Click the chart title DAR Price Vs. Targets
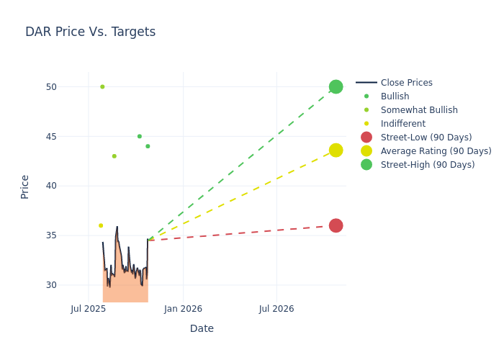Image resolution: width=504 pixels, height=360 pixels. [90, 32]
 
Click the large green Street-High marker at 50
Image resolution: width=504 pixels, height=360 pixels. [336, 86]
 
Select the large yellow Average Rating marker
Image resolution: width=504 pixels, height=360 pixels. [336, 150]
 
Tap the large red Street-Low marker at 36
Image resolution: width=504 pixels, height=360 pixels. [336, 225]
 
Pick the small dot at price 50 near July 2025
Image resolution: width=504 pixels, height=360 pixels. [102, 86]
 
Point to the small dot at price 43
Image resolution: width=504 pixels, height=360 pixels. [114, 156]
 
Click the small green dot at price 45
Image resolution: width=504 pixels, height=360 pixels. [140, 136]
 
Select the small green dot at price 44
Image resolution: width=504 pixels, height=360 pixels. [148, 146]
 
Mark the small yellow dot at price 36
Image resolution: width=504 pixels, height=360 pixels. [101, 225]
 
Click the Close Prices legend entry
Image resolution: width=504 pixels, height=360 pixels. [406, 83]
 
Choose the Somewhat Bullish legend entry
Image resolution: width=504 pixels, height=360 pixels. [419, 110]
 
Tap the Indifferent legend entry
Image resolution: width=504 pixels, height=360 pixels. [402, 124]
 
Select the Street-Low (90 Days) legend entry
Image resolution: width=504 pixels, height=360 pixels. [426, 138]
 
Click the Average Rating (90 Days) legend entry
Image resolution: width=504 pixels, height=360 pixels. [436, 151]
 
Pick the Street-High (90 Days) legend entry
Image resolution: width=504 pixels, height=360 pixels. [427, 165]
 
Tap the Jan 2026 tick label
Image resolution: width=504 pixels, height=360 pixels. [183, 309]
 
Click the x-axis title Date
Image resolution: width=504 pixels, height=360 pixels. [202, 328]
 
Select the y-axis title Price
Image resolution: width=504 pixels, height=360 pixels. [25, 186]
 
